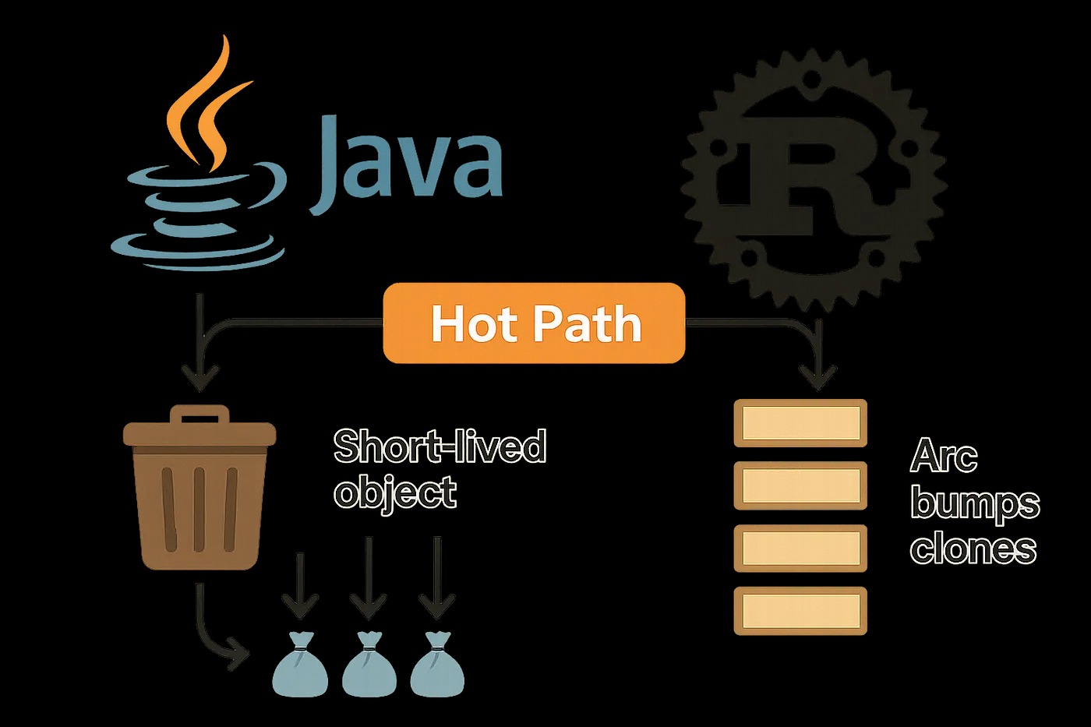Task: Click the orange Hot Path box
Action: point(534,323)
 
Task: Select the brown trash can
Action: point(199,491)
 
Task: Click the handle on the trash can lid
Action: point(199,414)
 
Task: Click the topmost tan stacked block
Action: point(800,423)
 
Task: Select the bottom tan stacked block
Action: point(800,610)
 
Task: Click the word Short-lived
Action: point(440,446)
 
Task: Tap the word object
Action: point(395,492)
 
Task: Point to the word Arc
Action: point(944,456)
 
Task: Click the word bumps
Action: point(975,503)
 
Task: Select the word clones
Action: point(973,549)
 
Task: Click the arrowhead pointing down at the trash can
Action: point(200,379)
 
